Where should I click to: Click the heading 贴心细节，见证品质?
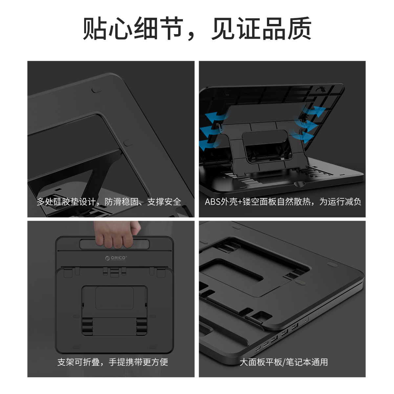197,29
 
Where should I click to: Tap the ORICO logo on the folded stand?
116,258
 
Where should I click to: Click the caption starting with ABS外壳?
283,202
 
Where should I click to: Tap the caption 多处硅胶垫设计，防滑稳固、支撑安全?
109,202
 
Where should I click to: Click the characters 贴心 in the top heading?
107,29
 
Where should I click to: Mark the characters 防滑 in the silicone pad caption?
113,202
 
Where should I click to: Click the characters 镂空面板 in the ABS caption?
259,202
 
